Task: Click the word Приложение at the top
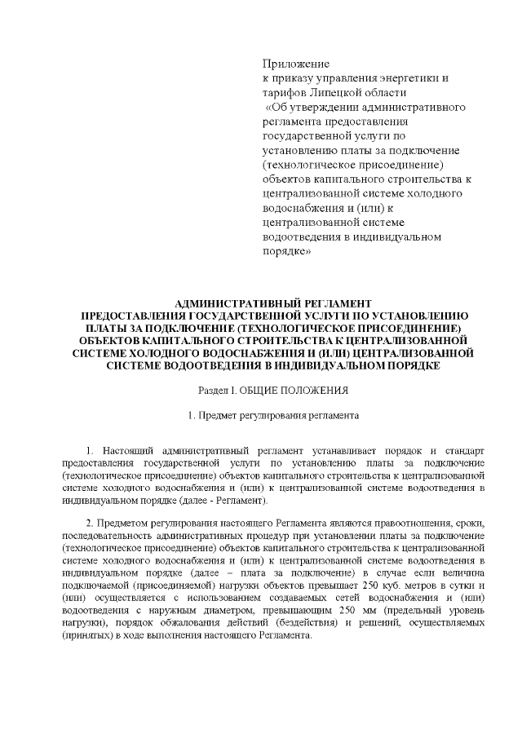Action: click(x=294, y=64)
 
